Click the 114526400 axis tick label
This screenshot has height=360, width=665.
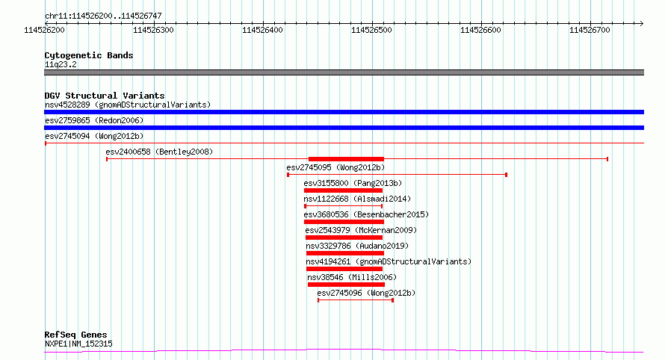[262, 30]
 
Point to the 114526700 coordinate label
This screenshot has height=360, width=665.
[590, 30]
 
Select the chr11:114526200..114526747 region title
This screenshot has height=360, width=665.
[103, 16]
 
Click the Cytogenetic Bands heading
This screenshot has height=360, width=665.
[89, 55]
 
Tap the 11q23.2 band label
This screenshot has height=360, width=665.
[61, 64]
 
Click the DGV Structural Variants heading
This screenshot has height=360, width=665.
[105, 96]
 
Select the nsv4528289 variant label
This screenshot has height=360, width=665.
[67, 105]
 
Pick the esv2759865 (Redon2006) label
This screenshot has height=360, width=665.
[94, 120]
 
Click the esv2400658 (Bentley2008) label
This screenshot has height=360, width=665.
[159, 152]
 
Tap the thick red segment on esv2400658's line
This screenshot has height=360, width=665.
[346, 159]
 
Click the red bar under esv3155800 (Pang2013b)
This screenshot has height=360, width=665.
[343, 190]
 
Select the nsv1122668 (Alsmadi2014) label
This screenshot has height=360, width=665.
[357, 199]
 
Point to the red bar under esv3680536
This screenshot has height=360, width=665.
[344, 222]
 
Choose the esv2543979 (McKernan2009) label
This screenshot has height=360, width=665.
[361, 230]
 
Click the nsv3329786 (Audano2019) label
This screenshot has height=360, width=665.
[357, 246]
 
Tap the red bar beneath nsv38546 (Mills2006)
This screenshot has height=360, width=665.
[346, 285]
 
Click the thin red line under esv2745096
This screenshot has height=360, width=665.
[356, 300]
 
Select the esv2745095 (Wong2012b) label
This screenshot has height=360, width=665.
[335, 167]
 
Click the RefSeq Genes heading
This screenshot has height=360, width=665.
[75, 335]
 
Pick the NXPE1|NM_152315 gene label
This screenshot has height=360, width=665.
[78, 344]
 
